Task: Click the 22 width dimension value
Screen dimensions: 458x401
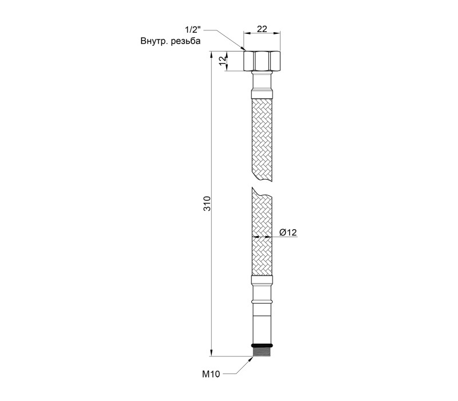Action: pyautogui.click(x=262, y=29)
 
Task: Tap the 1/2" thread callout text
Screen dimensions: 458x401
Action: pyautogui.click(x=193, y=30)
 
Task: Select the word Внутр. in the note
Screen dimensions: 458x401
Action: pyautogui.click(x=154, y=41)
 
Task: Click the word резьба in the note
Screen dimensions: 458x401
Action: pyautogui.click(x=185, y=41)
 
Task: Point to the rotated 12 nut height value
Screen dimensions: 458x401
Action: pyautogui.click(x=223, y=61)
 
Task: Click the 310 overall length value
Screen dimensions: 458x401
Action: pyautogui.click(x=207, y=204)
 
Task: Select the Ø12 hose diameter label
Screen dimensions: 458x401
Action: pyautogui.click(x=288, y=233)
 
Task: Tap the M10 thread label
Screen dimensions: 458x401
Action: pyautogui.click(x=211, y=374)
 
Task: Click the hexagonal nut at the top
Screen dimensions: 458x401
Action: pyautogui.click(x=262, y=61)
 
